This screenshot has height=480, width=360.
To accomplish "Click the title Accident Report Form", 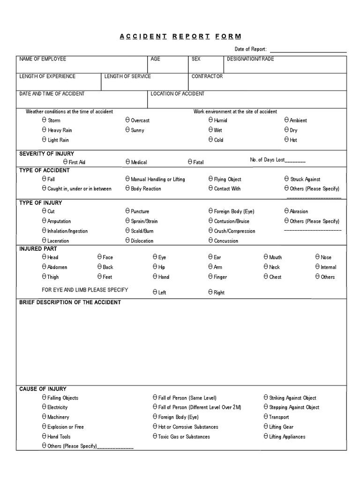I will coord(180,37).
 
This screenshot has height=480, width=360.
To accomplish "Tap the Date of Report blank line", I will coord(308,50).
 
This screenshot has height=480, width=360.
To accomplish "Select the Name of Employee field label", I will coord(43,59).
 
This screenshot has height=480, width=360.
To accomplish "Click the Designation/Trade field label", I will coord(250,59).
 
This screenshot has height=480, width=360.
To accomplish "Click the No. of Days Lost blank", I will coord(295,160).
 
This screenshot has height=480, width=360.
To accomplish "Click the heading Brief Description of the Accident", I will coord(70,302).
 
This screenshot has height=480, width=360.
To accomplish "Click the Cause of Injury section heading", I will coord(43,389).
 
